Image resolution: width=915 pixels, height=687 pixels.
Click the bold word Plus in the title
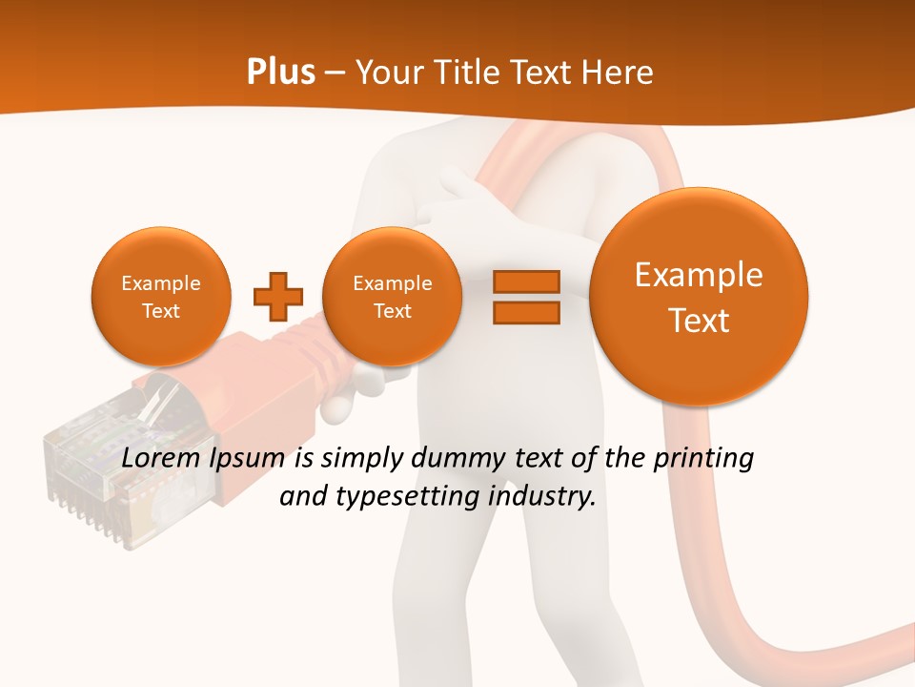(280, 73)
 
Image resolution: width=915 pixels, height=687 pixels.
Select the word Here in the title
(619, 73)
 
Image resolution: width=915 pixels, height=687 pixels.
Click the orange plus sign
(278, 296)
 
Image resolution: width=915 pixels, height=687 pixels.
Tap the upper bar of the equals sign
(526, 281)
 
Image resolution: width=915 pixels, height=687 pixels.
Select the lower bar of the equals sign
(526, 312)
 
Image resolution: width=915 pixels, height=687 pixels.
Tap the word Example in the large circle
(699, 275)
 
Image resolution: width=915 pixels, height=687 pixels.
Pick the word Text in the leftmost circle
(161, 311)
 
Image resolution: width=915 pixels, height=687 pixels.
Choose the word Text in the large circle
(699, 321)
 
